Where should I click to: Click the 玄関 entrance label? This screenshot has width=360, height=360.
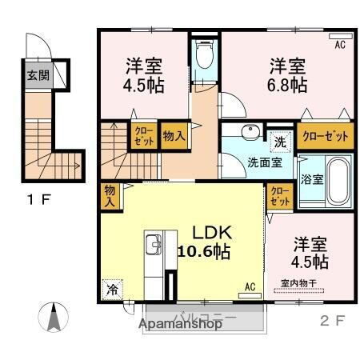tap(36, 77)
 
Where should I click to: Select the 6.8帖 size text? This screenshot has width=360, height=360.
tap(287, 82)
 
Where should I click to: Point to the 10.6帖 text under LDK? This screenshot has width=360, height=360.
tap(204, 250)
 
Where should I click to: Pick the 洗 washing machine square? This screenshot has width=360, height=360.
tap(279, 139)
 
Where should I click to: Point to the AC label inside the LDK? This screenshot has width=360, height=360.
tap(249, 286)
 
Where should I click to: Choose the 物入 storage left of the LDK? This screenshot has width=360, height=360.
tap(110, 196)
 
